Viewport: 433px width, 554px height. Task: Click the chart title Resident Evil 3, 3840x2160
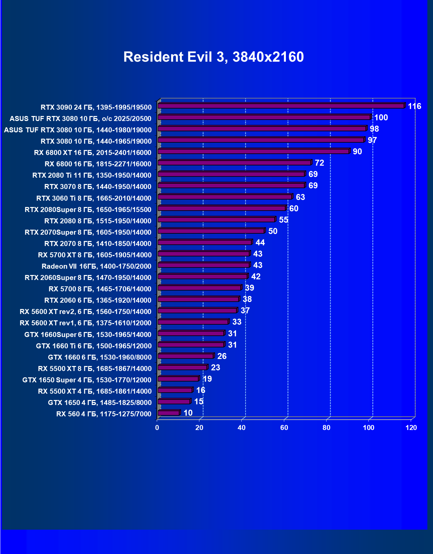[213, 57]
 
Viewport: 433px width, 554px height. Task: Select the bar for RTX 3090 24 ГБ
[281, 106]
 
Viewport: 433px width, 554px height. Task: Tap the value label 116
[414, 106]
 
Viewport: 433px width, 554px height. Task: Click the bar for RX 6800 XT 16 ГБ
[254, 151]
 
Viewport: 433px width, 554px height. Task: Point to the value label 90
[357, 152]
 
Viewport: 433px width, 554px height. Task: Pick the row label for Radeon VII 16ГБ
[96, 266]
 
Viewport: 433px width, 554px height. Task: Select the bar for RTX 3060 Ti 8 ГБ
[225, 197]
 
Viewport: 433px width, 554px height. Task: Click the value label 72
[319, 163]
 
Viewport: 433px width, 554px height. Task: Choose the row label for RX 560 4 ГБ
[104, 414]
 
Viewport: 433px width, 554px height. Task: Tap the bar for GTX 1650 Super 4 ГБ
[178, 379]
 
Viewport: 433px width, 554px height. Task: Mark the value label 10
[188, 413]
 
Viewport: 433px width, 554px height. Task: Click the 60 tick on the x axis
[284, 428]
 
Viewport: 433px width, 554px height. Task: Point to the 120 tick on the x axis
[411, 428]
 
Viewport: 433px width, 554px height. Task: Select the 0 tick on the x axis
[157, 428]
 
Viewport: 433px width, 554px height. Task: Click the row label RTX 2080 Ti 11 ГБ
[92, 175]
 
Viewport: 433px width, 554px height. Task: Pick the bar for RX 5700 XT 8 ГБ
[204, 254]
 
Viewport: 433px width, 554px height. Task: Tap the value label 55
[283, 220]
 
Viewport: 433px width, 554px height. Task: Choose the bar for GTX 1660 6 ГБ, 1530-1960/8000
[186, 356]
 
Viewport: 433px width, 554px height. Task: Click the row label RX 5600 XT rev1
[85, 323]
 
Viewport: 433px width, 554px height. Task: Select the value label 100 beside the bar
[381, 118]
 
